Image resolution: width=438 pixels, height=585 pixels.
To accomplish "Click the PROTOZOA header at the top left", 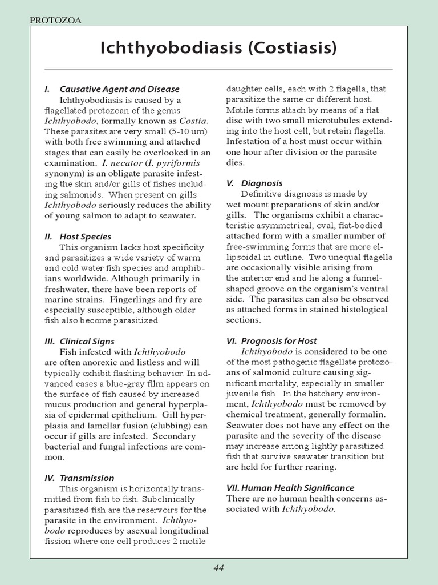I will [x=55, y=21].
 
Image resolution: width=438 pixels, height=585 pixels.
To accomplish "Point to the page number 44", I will [x=219, y=567].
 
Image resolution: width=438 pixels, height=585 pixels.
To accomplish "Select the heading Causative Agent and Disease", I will [x=119, y=89].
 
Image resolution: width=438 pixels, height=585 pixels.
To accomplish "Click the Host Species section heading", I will [x=86, y=237].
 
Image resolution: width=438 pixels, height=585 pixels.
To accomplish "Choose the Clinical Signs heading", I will [x=87, y=342].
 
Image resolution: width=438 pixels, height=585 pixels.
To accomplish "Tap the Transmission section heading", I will [x=87, y=478].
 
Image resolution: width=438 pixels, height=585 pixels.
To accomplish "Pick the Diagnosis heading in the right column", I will [x=262, y=183].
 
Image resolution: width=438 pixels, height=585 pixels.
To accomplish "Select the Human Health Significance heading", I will [x=290, y=488].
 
